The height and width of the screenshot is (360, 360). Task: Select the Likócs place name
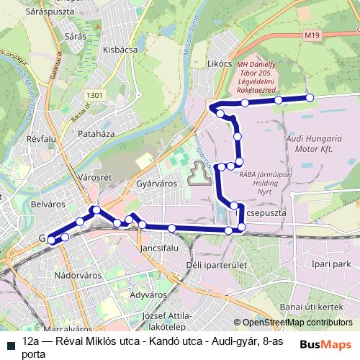coord(219,64)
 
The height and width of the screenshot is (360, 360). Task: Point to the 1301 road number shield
coord(94,95)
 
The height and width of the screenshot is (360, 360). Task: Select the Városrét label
coord(93,177)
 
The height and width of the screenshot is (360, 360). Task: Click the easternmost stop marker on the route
coord(310,97)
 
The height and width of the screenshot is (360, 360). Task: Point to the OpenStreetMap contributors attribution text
coord(295,323)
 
